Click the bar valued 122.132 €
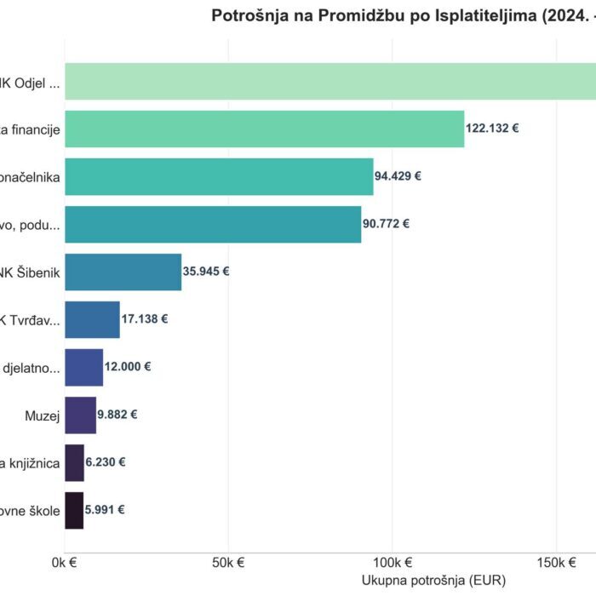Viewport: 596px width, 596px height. pos(264,129)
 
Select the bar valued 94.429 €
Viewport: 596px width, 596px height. pos(219,176)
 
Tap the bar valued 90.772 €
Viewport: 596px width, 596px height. pos(213,224)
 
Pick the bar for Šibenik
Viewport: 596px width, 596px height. pos(123,272)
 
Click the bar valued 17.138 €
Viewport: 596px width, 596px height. pos(92,319)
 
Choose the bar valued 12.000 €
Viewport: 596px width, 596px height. pos(83,367)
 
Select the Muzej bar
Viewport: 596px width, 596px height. pos(80,415)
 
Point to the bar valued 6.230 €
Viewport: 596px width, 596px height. pos(74,462)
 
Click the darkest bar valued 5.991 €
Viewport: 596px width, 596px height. pos(74,510)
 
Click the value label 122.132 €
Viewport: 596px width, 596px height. pos(492,129)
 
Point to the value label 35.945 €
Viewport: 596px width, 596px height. pos(206,272)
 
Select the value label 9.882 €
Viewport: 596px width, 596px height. pos(117,415)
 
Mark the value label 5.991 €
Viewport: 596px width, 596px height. pos(106,510)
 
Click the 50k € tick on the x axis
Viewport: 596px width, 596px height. pos(228,563)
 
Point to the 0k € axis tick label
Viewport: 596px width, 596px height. pos(65,563)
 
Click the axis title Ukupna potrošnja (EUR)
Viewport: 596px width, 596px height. pos(433,581)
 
